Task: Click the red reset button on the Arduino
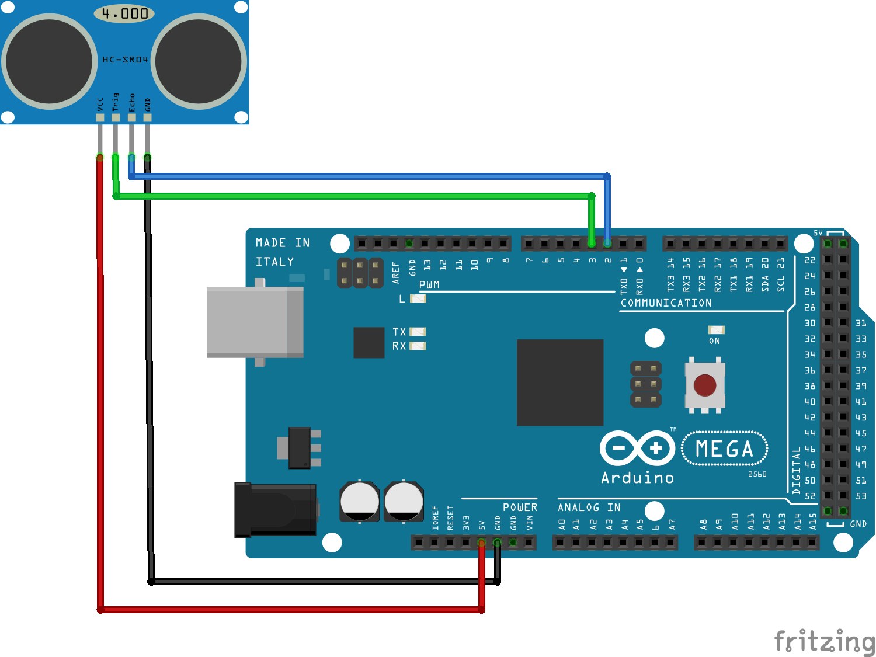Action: pyautogui.click(x=705, y=385)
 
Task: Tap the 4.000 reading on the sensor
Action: pyautogui.click(x=124, y=13)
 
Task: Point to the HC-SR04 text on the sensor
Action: pyautogui.click(x=125, y=60)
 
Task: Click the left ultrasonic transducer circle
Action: pyautogui.click(x=50, y=61)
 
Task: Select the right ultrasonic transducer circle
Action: pyautogui.click(x=199, y=61)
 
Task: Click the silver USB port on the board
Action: pyautogui.click(x=255, y=322)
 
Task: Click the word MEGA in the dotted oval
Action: pyautogui.click(x=724, y=449)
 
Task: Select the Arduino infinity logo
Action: pyautogui.click(x=637, y=449)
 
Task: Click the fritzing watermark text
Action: pyautogui.click(x=824, y=641)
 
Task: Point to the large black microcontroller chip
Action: pyautogui.click(x=559, y=383)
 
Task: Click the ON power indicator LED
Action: pyautogui.click(x=716, y=330)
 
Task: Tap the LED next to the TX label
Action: pyautogui.click(x=418, y=332)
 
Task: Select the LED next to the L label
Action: pyautogui.click(x=418, y=298)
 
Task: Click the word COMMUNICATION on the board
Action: pyautogui.click(x=666, y=303)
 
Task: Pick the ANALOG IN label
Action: pyautogui.click(x=589, y=507)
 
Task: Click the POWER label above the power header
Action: pyautogui.click(x=520, y=507)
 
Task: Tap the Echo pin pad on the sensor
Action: pyautogui.click(x=131, y=117)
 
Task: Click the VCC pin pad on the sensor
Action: pyautogui.click(x=100, y=117)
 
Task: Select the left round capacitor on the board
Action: pyautogui.click(x=360, y=501)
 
